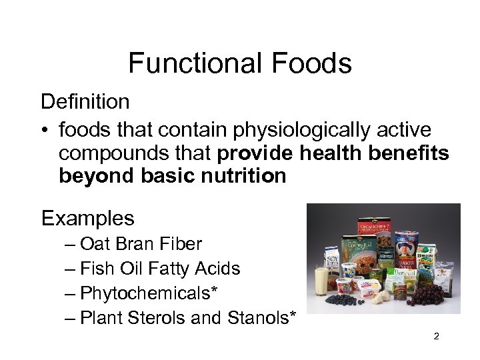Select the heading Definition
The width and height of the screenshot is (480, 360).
pyautogui.click(x=85, y=102)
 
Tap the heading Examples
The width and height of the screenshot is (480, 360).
pyautogui.click(x=87, y=218)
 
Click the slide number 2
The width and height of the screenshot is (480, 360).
pyautogui.click(x=436, y=337)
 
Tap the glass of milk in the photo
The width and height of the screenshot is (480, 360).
pyautogui.click(x=320, y=281)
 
